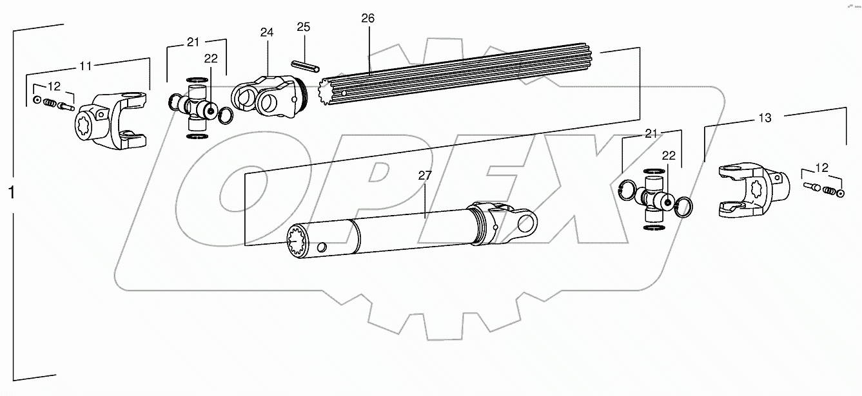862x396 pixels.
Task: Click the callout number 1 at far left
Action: pos(11,192)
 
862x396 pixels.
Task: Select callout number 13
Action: pos(765,117)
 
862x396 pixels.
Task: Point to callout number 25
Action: pos(304,27)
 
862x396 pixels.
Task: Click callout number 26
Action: pos(367,18)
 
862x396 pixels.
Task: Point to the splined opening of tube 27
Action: pos(299,243)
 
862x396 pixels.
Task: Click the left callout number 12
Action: pos(54,86)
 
